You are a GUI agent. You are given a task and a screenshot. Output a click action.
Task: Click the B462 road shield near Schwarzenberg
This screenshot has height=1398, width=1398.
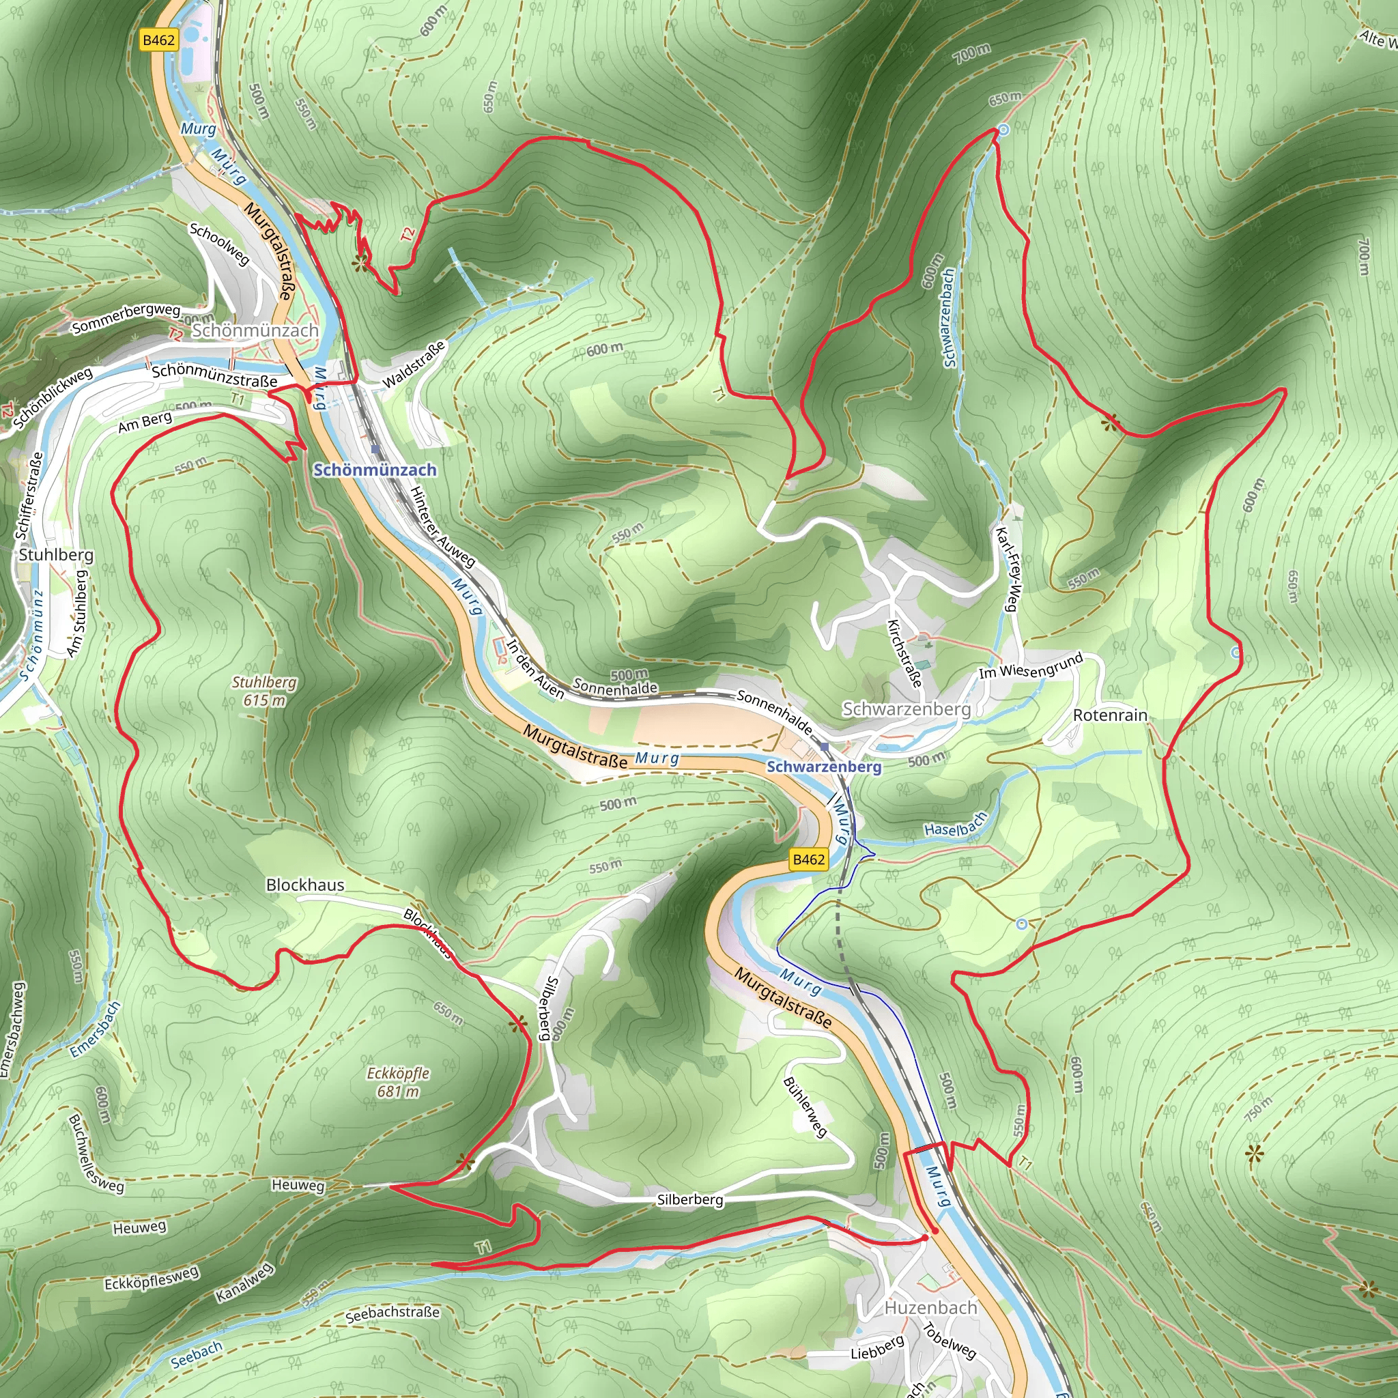(x=808, y=859)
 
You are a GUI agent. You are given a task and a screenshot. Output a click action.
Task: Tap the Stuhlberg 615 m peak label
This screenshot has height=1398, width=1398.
(x=264, y=691)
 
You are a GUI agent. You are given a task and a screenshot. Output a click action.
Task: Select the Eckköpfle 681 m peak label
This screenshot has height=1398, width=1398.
(x=398, y=1082)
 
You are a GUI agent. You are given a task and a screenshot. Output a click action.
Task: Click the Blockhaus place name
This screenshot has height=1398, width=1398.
(x=305, y=884)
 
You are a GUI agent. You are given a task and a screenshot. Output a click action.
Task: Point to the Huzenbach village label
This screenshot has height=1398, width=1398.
(x=930, y=1307)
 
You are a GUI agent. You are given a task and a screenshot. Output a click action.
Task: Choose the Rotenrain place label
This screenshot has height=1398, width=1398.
(x=1110, y=715)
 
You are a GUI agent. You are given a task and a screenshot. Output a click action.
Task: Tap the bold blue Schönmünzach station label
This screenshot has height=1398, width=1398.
(x=375, y=470)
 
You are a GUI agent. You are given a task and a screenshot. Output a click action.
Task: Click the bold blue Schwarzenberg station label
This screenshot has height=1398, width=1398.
(x=824, y=767)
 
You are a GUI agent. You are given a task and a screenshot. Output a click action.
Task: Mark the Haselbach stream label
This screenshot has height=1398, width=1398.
(x=956, y=825)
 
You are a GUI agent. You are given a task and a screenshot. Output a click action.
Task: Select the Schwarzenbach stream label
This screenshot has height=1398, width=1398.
(x=950, y=317)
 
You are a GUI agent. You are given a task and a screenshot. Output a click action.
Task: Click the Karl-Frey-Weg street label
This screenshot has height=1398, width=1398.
(x=1008, y=569)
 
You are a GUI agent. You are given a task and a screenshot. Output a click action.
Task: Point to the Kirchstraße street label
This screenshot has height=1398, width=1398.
(x=904, y=653)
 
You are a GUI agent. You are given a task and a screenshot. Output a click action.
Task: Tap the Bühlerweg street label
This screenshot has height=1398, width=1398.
(x=805, y=1107)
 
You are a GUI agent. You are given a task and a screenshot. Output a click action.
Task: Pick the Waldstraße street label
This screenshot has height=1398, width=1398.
(x=413, y=365)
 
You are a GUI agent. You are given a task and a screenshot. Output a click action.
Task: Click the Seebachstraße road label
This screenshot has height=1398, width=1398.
(x=393, y=1313)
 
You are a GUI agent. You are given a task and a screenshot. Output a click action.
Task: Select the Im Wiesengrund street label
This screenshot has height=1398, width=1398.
(x=1031, y=665)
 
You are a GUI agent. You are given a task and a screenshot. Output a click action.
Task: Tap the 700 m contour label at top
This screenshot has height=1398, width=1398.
(x=972, y=52)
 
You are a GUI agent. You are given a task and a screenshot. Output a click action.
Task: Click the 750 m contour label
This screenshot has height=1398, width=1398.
(x=1257, y=1109)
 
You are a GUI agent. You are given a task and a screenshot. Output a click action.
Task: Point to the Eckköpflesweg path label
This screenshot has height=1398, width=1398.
(x=152, y=1278)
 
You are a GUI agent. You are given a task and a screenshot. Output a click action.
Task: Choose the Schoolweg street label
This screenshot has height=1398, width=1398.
(x=219, y=243)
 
